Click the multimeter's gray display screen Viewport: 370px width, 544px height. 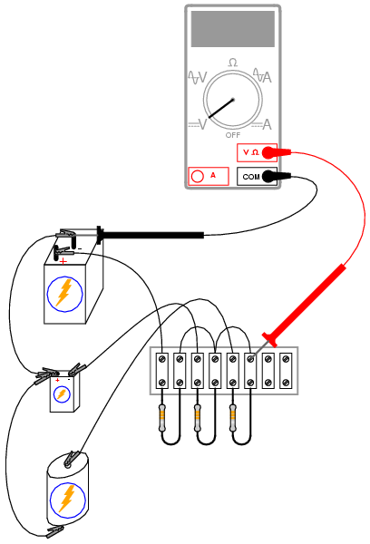tap(232, 29)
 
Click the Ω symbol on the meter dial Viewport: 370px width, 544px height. tap(233, 63)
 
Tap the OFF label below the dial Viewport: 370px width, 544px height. tap(232, 135)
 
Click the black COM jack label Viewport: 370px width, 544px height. tap(251, 177)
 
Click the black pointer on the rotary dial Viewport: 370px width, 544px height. tap(221, 108)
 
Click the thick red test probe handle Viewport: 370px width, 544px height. tap(305, 305)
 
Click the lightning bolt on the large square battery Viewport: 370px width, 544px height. tap(64, 293)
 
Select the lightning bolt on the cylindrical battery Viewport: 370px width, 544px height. tap(67, 499)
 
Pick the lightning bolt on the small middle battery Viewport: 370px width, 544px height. tap(62, 394)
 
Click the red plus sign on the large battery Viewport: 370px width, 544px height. tap(63, 261)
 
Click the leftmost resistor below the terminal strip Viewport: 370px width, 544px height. tap(162, 417)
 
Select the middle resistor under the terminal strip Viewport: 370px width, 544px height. tap(198, 417)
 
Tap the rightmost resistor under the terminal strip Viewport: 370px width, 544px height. tap(233, 417)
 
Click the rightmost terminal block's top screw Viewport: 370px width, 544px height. tap(286, 359)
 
